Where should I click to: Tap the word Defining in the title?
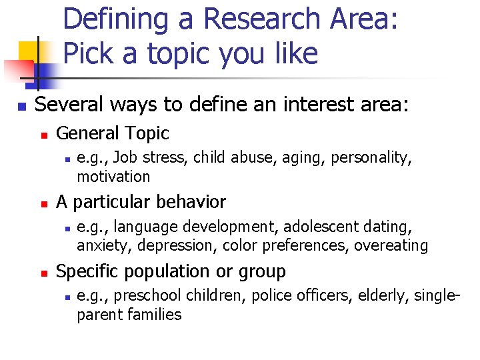pyautogui.click(x=115, y=20)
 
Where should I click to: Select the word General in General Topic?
pyautogui.click(x=85, y=133)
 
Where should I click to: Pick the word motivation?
pyautogui.click(x=113, y=177)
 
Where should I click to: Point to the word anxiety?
pyautogui.click(x=99, y=246)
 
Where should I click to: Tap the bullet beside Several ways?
pyautogui.click(x=22, y=106)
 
